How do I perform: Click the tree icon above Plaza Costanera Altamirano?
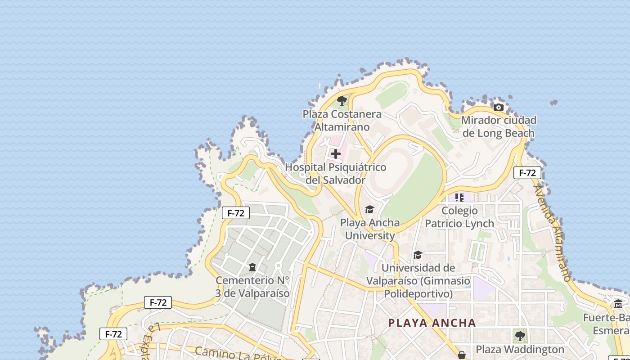click(x=342, y=101)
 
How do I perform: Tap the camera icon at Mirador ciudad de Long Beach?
click(x=499, y=107)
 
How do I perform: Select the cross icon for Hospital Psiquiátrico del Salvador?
click(x=336, y=154)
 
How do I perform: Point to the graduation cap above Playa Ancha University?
click(x=369, y=210)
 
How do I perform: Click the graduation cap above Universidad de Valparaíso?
click(x=418, y=255)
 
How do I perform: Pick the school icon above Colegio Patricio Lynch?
click(x=459, y=197)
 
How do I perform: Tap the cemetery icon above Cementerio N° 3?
click(x=252, y=268)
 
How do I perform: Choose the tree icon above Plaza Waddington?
click(x=520, y=336)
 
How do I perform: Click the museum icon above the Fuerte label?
click(x=618, y=304)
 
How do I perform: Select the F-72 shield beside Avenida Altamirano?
click(x=527, y=173)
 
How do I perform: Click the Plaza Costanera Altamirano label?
click(x=342, y=121)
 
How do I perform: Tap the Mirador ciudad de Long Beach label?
click(x=499, y=126)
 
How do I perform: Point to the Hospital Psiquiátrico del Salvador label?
click(x=336, y=174)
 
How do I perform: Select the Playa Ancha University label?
click(x=370, y=229)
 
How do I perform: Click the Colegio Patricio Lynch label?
click(x=459, y=217)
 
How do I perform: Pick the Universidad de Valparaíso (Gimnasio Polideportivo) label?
click(x=418, y=281)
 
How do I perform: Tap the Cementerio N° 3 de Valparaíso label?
click(x=252, y=287)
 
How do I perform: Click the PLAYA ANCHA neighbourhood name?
click(x=432, y=323)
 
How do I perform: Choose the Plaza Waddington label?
click(x=520, y=350)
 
